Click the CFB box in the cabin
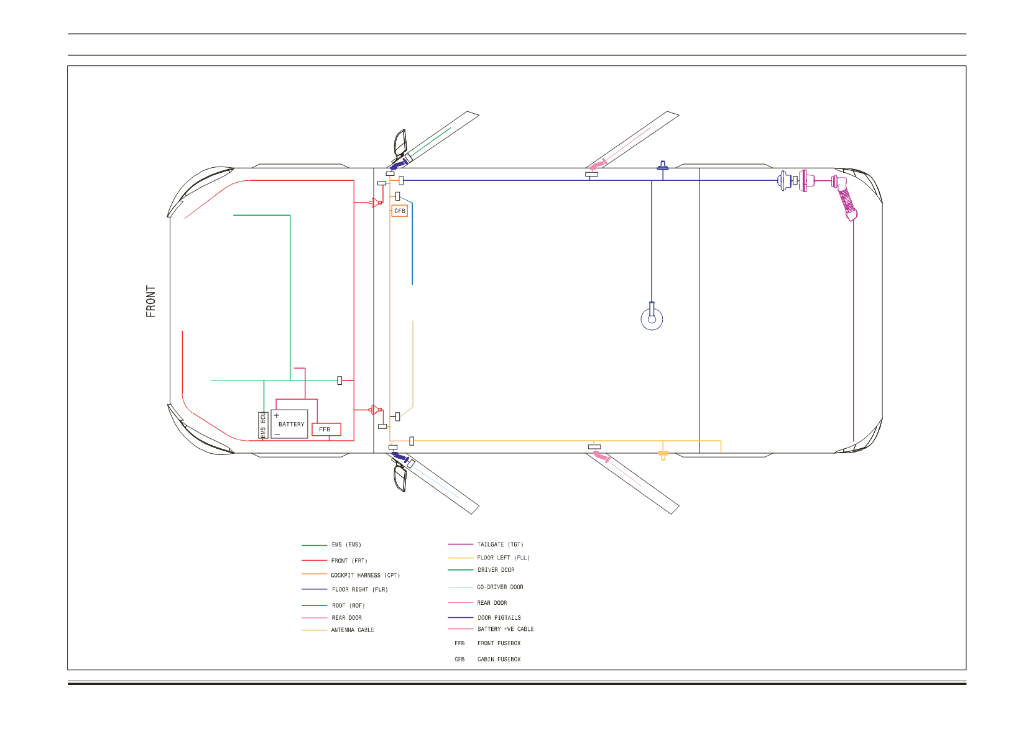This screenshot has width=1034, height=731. (x=399, y=211)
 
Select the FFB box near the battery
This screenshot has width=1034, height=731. (x=326, y=430)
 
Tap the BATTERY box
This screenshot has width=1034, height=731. (x=289, y=424)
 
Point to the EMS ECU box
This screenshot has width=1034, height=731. (x=263, y=425)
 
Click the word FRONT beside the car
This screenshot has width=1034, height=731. (x=150, y=301)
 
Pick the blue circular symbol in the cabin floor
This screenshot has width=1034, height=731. (x=652, y=319)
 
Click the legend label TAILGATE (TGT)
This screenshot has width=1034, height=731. (x=501, y=545)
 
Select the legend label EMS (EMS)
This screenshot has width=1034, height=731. (x=346, y=545)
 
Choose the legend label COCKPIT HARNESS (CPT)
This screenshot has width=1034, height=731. (x=366, y=576)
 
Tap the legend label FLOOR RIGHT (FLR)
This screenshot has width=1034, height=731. (x=360, y=590)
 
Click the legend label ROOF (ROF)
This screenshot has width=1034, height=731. (x=349, y=606)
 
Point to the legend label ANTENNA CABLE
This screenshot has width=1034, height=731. (x=353, y=630)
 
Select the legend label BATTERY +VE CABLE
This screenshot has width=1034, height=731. (x=505, y=630)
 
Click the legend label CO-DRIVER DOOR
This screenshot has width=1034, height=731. (x=501, y=587)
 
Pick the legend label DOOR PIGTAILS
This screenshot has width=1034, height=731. (x=499, y=618)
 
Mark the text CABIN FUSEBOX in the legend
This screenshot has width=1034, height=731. (x=499, y=660)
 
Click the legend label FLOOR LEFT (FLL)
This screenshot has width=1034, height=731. (x=504, y=558)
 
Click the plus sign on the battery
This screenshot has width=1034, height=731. (x=277, y=416)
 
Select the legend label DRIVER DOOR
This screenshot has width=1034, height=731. (x=496, y=571)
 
